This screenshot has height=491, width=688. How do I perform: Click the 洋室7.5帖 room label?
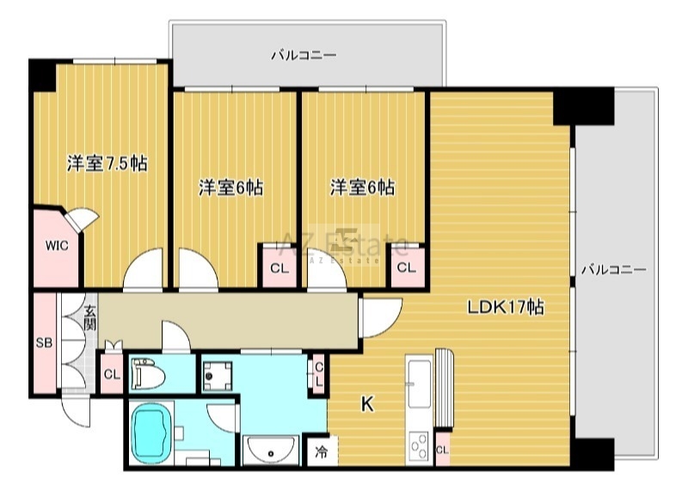(x=107, y=163)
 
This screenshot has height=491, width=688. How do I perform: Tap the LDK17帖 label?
(x=505, y=308)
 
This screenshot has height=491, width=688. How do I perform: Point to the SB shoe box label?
(x=43, y=342)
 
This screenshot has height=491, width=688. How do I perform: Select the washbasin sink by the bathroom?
(x=272, y=448)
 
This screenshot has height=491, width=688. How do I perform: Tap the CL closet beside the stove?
(x=442, y=450)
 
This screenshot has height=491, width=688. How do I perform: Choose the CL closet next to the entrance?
(x=111, y=374)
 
